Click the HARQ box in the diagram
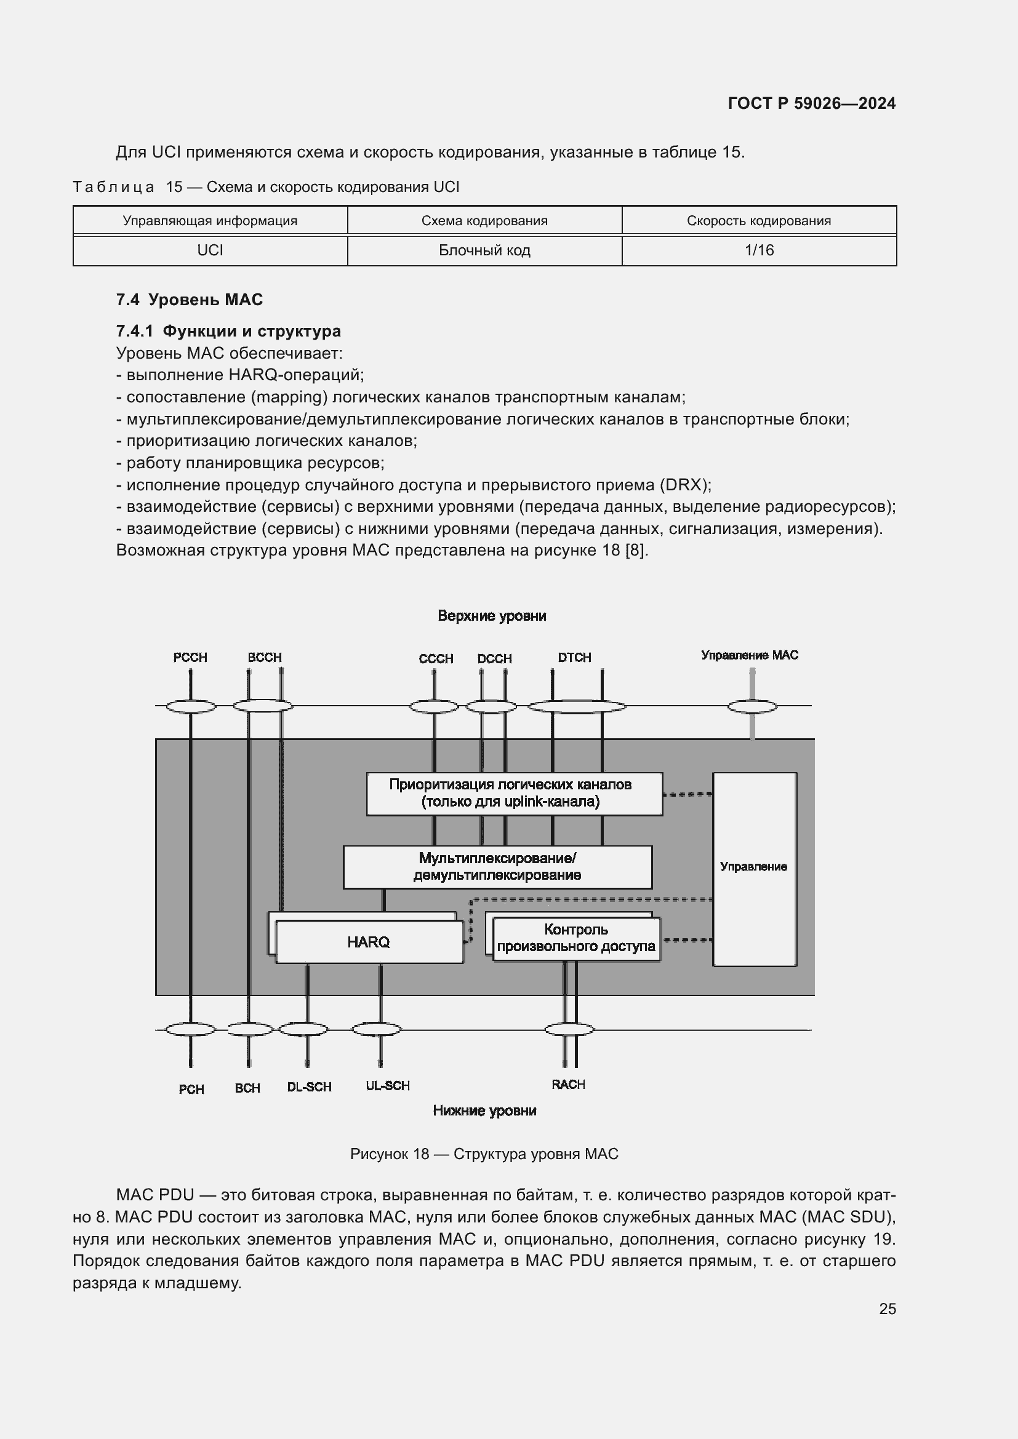[369, 942]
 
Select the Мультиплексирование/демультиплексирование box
[497, 867]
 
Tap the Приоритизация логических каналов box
[514, 794]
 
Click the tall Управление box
[754, 869]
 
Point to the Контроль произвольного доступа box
[576, 938]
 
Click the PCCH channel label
[190, 658]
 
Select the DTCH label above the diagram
[574, 658]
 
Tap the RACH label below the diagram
[568, 1084]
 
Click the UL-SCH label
[387, 1085]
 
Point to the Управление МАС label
[749, 655]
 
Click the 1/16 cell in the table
[758, 250]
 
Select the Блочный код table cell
[484, 250]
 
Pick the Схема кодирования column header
[484, 221]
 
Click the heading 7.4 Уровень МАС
[190, 300]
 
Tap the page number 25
[887, 1309]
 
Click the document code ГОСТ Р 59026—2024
[811, 103]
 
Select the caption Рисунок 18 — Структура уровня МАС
[484, 1154]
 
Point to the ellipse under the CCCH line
[434, 707]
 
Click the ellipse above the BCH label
[249, 1029]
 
